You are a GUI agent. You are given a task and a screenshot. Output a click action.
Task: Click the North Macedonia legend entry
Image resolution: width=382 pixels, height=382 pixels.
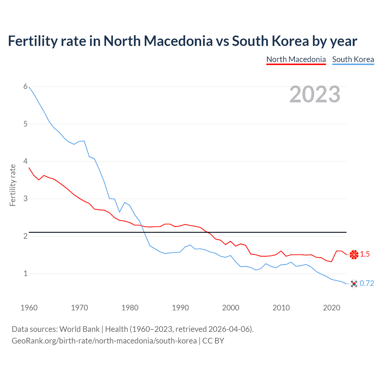tap(296, 59)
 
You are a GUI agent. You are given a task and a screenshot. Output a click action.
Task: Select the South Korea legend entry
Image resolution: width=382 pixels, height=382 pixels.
tap(353, 59)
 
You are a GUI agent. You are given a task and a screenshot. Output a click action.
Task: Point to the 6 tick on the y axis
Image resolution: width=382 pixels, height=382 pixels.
tap(25, 87)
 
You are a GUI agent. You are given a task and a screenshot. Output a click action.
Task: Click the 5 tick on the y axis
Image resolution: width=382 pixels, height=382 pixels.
tap(25, 124)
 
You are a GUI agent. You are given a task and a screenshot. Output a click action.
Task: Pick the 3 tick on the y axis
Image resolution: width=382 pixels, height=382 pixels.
tap(25, 198)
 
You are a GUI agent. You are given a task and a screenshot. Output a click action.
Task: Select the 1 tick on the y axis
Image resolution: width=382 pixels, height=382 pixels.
tap(25, 273)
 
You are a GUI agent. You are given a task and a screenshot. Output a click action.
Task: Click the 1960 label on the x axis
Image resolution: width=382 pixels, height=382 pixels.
tap(29, 308)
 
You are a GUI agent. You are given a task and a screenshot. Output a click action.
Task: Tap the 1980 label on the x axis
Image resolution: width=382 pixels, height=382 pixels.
tap(130, 308)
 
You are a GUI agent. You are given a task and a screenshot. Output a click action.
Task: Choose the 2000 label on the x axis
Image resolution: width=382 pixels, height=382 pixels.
tap(231, 308)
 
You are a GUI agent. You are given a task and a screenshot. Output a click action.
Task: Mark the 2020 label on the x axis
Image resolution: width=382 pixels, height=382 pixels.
tap(332, 308)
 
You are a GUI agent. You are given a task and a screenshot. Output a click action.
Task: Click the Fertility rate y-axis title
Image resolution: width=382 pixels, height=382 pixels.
tap(13, 185)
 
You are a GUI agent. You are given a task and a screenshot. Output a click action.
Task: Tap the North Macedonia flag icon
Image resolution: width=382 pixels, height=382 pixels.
tap(354, 254)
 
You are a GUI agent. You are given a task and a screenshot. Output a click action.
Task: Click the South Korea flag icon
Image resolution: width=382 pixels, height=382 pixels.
tap(354, 284)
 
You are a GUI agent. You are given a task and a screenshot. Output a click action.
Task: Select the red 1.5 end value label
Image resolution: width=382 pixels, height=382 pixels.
tap(365, 254)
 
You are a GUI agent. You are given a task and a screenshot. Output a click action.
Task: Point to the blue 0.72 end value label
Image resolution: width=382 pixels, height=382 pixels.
tap(367, 284)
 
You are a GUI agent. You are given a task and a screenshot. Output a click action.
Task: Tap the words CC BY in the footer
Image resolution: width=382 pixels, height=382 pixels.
tap(213, 341)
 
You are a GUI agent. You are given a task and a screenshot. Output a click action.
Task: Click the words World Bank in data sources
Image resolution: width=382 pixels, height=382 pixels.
tap(79, 329)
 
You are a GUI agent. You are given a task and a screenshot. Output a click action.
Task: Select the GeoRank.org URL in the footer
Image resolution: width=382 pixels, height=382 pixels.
tap(104, 341)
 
